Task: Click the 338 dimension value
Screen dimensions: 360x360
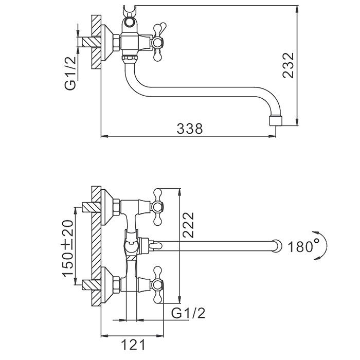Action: pos(190,129)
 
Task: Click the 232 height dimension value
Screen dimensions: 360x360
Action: pos(289,65)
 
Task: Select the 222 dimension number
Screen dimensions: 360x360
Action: pos(189,225)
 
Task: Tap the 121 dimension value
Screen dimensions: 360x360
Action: pos(133,345)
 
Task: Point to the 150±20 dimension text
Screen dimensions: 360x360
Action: pos(68,248)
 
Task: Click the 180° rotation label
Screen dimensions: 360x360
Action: pos(303,247)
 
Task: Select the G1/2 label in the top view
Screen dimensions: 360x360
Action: pos(70,73)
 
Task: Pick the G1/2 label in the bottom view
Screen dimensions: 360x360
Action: pos(188,313)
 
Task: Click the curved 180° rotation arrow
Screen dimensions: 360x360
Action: pos(322,245)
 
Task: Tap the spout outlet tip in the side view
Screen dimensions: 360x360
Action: pos(276,121)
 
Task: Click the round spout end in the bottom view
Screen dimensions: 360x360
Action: pos(277,246)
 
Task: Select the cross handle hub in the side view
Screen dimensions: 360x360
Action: pos(157,43)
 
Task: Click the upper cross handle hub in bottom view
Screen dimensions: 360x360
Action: pos(157,207)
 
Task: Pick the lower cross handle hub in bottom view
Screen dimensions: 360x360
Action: pos(157,285)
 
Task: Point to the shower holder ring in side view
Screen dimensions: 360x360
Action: pos(130,23)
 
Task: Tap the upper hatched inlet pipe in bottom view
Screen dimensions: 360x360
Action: pos(92,208)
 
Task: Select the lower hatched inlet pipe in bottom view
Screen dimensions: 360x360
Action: pos(92,285)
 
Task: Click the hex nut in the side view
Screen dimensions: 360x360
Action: pos(116,42)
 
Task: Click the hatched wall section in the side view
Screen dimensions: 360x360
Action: pos(96,42)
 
